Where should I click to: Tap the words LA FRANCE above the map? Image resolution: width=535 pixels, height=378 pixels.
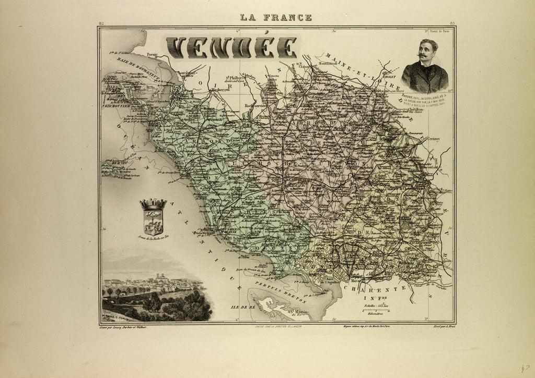coord(276,17)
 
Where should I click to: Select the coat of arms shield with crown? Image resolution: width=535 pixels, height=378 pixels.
coord(153,217)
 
